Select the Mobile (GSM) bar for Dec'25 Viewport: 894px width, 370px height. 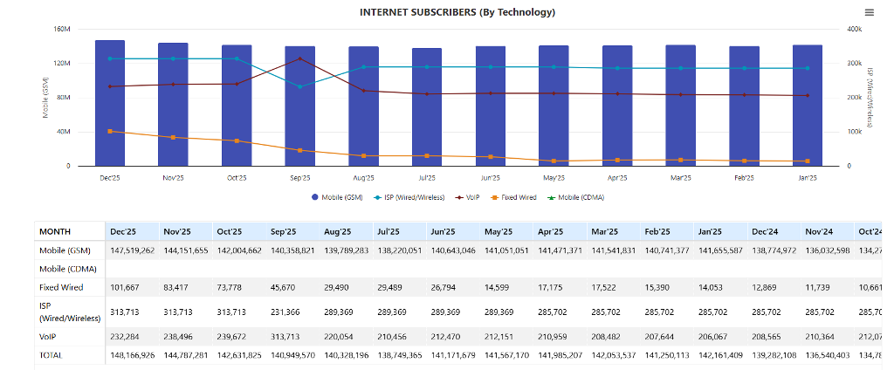[110, 103]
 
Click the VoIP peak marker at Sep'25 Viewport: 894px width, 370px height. [299, 58]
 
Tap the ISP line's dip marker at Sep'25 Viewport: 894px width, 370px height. [299, 86]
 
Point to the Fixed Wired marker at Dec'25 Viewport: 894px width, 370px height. [110, 131]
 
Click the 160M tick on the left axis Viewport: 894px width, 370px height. [61, 29]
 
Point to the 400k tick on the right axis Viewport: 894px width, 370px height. [855, 29]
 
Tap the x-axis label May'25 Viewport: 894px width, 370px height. [554, 177]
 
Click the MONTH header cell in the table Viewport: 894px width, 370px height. [55, 231]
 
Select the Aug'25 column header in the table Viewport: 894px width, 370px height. [337, 231]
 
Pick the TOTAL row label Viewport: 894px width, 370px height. [52, 355]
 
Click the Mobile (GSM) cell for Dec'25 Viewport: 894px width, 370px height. [132, 250]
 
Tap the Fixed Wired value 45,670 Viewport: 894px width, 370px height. [286, 287]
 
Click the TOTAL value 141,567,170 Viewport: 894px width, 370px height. [505, 355]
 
